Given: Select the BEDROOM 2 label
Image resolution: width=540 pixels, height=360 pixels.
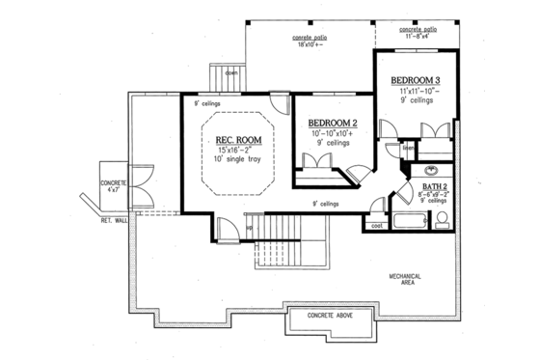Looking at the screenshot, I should [x=333, y=123].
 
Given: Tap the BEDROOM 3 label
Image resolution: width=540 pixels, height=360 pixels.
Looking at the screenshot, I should [x=417, y=78].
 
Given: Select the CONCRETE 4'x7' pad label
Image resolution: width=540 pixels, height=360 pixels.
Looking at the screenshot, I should [x=113, y=186].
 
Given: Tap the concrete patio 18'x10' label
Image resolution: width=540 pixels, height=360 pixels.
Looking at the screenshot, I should [x=310, y=41].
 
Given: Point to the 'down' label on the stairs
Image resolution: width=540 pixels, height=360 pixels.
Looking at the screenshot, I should [x=231, y=73].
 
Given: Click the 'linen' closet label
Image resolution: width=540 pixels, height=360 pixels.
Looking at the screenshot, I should [x=408, y=150].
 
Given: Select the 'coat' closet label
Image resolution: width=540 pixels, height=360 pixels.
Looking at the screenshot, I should [x=374, y=226].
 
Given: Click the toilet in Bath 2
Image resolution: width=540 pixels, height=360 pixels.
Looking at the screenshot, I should [x=442, y=221].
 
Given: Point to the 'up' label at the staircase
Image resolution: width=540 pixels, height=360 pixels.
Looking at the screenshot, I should [x=249, y=228].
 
